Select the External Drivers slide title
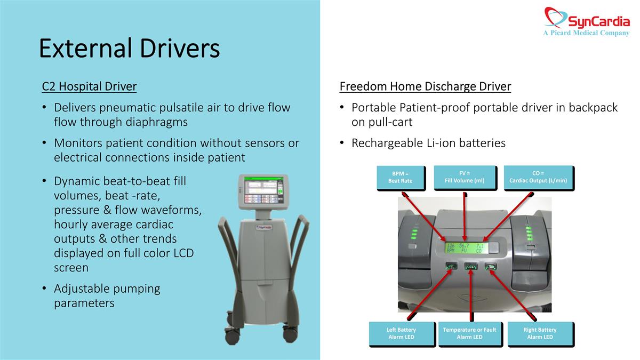[129, 49]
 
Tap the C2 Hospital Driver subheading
[89, 86]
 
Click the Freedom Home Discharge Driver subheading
[425, 86]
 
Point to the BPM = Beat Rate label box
[400, 177]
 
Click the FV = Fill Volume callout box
[465, 177]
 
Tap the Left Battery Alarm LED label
[401, 333]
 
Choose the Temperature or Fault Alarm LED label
[469, 333]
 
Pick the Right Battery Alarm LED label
[540, 333]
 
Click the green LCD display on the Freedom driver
[465, 248]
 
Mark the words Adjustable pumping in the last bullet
[107, 289]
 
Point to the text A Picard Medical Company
[586, 33]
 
